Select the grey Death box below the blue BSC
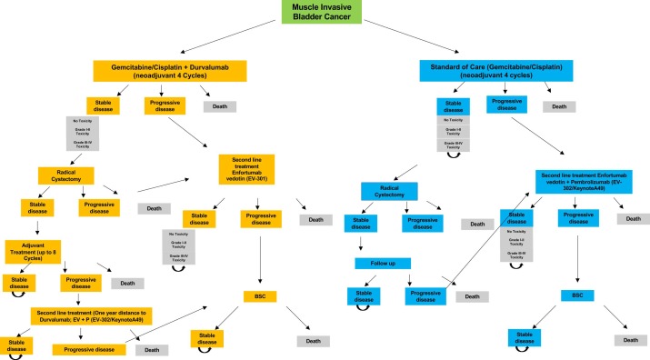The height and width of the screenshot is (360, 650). [x=626, y=339]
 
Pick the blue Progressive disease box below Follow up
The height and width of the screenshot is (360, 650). [x=431, y=296]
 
